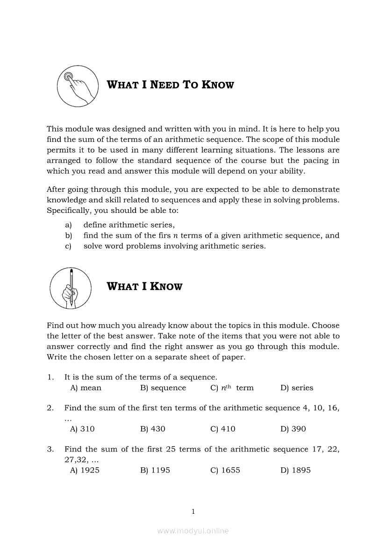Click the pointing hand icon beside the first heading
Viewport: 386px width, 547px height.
[78, 86]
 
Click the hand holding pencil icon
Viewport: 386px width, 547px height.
[70, 288]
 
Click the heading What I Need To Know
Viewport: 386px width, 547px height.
[171, 85]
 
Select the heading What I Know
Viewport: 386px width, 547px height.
[145, 286]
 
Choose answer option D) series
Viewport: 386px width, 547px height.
[297, 388]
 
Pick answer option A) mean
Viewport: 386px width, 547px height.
[86, 388]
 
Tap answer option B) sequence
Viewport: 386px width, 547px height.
[163, 388]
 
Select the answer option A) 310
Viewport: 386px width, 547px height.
[82, 429]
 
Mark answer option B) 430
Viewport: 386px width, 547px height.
[153, 429]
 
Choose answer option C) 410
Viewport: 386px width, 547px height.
[223, 429]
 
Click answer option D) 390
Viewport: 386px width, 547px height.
[293, 429]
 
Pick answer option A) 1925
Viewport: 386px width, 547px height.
[85, 470]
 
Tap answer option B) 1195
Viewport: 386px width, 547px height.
[155, 470]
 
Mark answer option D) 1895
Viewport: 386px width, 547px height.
[295, 470]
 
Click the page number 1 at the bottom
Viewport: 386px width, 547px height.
[193, 511]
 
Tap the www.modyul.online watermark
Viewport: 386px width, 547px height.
[193, 531]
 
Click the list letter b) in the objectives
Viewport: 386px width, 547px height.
[69, 236]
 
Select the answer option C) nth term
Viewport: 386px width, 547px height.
[232, 388]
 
